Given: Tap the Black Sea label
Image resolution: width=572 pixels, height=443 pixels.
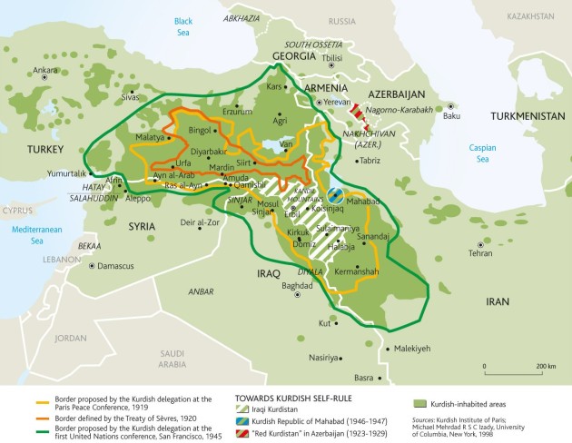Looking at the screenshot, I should coord(183,25).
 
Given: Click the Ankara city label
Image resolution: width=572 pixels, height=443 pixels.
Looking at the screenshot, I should coord(44,70).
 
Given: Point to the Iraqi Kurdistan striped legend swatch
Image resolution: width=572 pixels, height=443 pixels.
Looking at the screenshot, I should coord(243,409).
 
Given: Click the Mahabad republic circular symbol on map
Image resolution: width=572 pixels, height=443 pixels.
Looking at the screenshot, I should coord(335,194).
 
